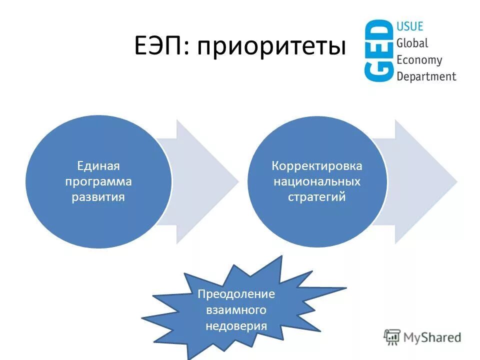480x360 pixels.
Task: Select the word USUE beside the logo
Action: (x=409, y=26)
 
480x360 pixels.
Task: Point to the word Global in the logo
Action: (x=412, y=43)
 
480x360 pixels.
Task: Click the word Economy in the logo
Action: (x=419, y=60)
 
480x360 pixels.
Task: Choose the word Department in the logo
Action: (x=426, y=76)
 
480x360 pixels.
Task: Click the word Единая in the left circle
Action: (x=98, y=165)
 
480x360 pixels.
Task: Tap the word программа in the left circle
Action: (x=98, y=181)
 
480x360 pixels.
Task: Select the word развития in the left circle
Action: (x=98, y=196)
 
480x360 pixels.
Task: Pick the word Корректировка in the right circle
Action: (x=317, y=165)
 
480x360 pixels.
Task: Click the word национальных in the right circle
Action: (x=317, y=181)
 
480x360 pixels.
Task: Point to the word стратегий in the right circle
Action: (x=317, y=196)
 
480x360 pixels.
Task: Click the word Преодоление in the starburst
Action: (x=236, y=293)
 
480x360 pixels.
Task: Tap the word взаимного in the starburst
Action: (x=236, y=310)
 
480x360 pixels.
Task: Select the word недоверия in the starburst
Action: (x=236, y=326)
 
